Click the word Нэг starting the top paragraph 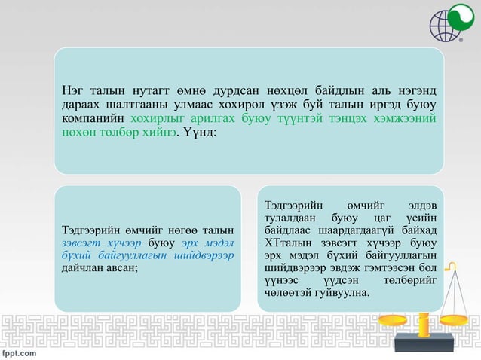tap(73, 93)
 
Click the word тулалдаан tap(290, 218)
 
